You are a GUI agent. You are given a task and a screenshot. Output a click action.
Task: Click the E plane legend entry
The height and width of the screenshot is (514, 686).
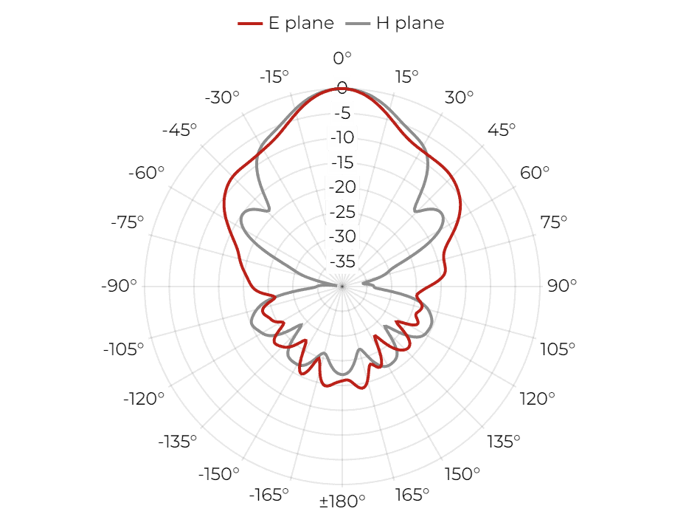point(285,23)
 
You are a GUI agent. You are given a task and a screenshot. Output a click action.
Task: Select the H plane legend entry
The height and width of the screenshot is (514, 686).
point(395,23)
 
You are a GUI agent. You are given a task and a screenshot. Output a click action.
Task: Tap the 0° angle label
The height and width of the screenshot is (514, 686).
point(342,58)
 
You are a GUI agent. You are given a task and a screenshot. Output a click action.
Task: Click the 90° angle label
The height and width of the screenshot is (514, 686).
point(562,286)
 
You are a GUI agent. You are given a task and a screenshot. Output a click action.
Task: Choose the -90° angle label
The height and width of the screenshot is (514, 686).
point(119,286)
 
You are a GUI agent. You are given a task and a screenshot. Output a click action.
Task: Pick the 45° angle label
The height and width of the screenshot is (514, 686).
point(502,130)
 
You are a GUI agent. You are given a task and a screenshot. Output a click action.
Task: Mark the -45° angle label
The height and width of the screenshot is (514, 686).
point(179,130)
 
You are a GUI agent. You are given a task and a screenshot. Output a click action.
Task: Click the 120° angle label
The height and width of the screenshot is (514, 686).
point(537,399)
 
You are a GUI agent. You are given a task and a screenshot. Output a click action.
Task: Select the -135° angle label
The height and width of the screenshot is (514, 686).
point(178,442)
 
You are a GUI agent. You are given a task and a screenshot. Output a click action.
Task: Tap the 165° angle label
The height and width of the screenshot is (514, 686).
point(412,495)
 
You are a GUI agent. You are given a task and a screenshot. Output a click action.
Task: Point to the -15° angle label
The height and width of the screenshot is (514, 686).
point(274,77)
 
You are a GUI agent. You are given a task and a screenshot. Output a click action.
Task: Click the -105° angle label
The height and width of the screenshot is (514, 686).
point(123,349)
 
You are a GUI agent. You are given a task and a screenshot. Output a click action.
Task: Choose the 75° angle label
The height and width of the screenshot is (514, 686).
point(553,222)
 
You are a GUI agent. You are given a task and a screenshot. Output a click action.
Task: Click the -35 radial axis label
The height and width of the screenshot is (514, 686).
point(342,261)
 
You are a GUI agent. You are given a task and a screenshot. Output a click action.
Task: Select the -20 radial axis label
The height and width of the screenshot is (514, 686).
point(342,187)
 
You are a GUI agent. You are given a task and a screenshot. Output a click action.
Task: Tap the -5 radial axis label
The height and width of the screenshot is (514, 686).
point(342,113)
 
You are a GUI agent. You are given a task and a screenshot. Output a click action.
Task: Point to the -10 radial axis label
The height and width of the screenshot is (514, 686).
point(342,137)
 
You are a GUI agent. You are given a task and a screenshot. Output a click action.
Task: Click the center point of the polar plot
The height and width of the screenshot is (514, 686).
point(342,286)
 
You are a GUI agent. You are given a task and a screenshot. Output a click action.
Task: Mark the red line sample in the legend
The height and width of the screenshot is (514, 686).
point(250,23)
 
